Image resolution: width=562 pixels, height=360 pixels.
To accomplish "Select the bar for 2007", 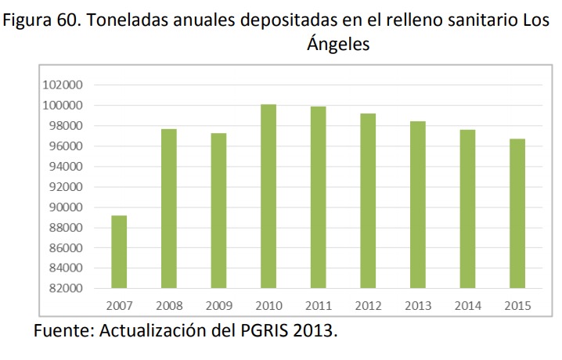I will click(119, 251).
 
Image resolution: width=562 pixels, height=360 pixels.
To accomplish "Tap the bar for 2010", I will click(268, 196).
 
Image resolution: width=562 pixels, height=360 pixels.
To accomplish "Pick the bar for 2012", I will click(368, 200).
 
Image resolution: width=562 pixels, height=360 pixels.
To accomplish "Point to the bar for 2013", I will click(418, 204).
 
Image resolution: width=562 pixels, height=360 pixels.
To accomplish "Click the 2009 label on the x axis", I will click(218, 304).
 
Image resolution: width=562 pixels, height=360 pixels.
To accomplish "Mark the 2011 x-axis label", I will click(318, 304).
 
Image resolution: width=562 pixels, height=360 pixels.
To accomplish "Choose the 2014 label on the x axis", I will click(467, 304).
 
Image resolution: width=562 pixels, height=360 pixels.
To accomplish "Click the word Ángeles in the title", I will click(338, 45).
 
